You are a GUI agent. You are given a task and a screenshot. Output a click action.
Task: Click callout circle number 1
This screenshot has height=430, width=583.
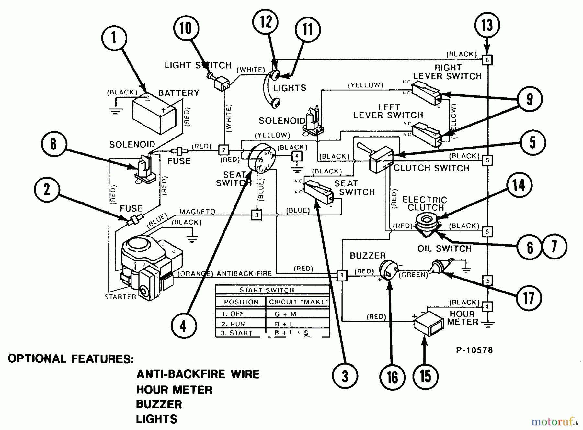point(114,38)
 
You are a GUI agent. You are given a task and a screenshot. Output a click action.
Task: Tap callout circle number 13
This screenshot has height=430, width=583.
point(487,25)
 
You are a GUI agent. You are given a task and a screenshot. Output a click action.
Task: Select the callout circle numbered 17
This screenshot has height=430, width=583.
point(529,298)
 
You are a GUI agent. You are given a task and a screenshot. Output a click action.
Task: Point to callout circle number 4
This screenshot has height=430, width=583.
point(183,326)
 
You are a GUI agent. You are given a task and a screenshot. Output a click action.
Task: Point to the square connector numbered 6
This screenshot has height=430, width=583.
point(487,60)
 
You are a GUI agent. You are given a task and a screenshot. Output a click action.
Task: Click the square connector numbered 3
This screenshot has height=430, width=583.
point(257,215)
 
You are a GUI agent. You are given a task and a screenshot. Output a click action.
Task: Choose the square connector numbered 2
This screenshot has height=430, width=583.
point(223,150)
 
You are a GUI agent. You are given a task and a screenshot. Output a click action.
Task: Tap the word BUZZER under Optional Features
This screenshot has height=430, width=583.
point(159,404)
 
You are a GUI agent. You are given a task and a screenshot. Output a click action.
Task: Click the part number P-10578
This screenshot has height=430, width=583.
point(474,350)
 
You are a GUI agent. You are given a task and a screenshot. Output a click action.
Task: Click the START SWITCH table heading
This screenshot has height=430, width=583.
point(267,290)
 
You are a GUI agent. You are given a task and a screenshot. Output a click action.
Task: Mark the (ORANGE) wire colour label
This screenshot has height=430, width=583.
point(195,274)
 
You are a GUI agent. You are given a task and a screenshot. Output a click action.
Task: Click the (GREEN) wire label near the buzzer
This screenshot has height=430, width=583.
point(413,275)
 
